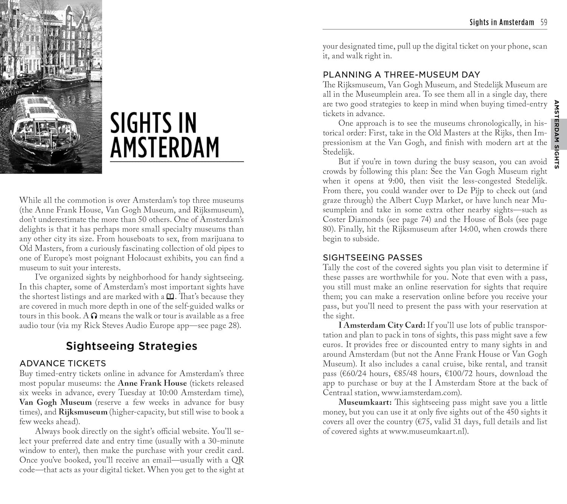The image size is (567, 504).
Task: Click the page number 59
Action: [x=544, y=22]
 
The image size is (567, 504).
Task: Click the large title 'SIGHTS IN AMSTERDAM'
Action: [x=164, y=135]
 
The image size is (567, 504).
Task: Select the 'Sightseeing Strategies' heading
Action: [x=132, y=346]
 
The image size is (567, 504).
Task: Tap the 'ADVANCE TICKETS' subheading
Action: [x=63, y=363]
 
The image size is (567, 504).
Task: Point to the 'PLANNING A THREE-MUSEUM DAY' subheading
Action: [x=401, y=74]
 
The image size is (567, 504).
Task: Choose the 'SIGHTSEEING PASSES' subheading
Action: [x=372, y=258]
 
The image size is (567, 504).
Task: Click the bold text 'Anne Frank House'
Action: [x=152, y=383]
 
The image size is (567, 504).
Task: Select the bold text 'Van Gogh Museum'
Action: [x=56, y=402]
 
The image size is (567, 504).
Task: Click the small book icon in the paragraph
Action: [x=170, y=297]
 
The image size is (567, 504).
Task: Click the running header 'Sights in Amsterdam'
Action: [x=502, y=22]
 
